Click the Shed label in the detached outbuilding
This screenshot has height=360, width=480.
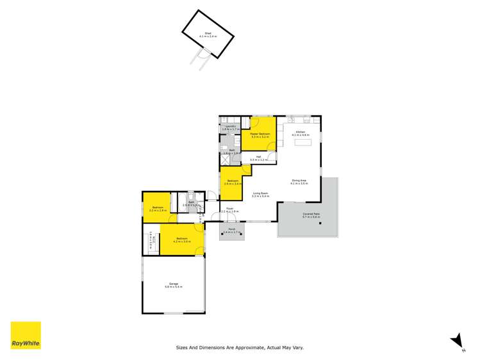coord(208,35)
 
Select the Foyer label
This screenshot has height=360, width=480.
coord(229,209)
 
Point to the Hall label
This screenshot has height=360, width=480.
coord(258,157)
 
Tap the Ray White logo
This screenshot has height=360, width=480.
coord(26,336)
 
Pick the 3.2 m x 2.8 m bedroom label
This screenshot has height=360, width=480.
coord(157,209)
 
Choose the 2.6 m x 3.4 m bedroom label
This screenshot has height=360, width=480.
coord(233,182)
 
